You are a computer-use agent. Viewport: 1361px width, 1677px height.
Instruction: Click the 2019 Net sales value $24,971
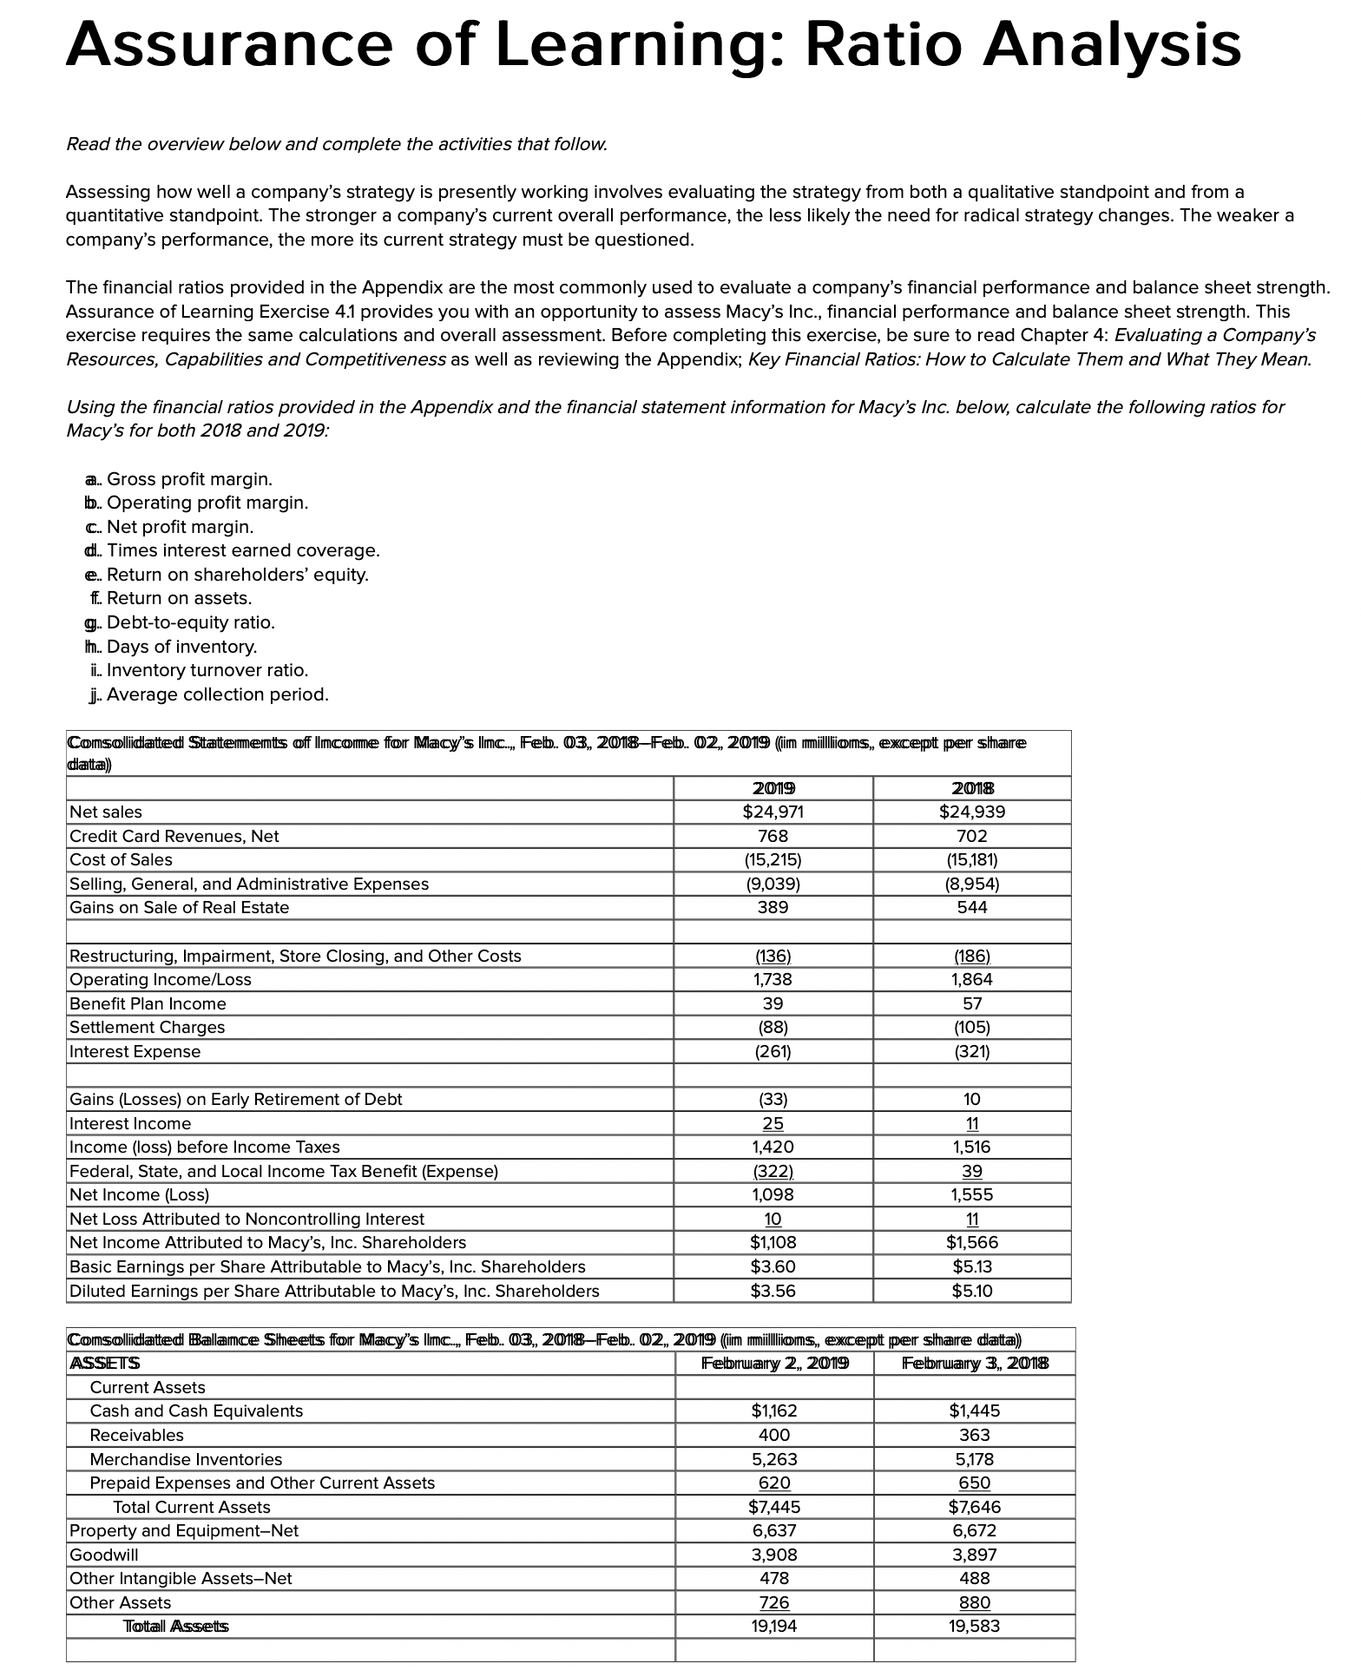tap(773, 812)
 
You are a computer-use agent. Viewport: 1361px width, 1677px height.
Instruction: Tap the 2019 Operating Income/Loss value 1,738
tap(773, 980)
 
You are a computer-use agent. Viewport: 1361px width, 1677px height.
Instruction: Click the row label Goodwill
tap(103, 1555)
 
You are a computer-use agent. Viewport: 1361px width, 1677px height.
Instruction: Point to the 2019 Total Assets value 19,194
tap(773, 1626)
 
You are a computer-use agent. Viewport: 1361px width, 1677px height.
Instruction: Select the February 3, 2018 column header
tap(975, 1363)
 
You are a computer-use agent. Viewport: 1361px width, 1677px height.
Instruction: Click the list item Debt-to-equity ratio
tap(190, 622)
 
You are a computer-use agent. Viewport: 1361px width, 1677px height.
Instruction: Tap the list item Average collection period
tap(217, 694)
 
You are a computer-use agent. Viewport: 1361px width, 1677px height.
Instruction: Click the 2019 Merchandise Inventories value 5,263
tap(773, 1459)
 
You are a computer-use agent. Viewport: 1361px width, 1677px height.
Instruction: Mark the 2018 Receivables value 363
tap(975, 1436)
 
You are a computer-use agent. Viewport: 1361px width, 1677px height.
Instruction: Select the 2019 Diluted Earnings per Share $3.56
tap(773, 1291)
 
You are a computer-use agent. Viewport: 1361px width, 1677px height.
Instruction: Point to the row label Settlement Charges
tap(147, 1028)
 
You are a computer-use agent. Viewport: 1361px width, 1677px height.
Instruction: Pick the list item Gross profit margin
tap(188, 479)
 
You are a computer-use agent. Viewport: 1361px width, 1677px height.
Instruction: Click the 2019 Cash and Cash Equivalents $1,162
tap(773, 1411)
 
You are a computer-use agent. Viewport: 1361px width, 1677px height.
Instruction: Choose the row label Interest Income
tap(130, 1124)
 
